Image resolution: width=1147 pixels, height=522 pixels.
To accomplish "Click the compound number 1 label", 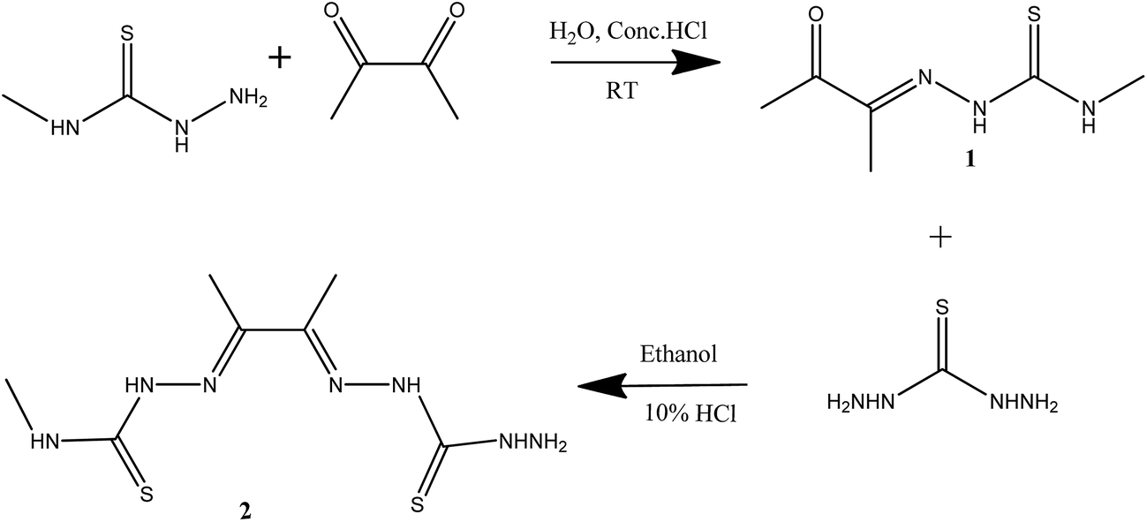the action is click(x=970, y=160).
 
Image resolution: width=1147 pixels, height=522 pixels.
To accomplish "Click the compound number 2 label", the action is click(x=245, y=511).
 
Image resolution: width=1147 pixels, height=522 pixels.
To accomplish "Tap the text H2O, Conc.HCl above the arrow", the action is click(x=628, y=31).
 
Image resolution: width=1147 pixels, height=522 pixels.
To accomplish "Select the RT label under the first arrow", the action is click(x=622, y=91).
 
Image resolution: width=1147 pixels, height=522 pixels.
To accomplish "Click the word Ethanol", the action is click(x=678, y=354).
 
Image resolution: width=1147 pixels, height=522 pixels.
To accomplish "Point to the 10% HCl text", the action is click(x=690, y=412).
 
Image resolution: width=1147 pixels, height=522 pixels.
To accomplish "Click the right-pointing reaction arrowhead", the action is click(x=697, y=63).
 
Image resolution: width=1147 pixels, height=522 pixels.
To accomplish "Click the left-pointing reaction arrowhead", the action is click(x=602, y=385).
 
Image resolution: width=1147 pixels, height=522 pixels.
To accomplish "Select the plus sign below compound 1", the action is click(x=940, y=238).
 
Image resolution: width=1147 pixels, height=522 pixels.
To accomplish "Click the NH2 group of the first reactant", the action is click(x=248, y=97).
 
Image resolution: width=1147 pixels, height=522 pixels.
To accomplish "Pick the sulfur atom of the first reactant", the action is click(x=126, y=34).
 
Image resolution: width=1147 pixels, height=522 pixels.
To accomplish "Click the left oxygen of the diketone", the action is click(x=333, y=11).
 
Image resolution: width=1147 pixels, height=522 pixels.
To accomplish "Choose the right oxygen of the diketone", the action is click(x=457, y=11).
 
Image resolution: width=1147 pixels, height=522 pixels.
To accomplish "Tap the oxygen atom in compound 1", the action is click(x=816, y=14).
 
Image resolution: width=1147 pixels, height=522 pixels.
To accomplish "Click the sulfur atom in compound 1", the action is click(x=1034, y=14).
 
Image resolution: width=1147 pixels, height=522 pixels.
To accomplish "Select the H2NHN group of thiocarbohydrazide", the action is click(x=861, y=403).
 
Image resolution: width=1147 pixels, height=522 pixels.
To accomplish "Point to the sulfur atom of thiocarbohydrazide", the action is click(x=942, y=308).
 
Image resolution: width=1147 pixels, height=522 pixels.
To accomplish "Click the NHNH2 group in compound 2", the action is click(x=533, y=443).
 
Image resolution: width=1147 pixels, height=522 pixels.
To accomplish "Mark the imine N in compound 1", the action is click(x=924, y=78).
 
